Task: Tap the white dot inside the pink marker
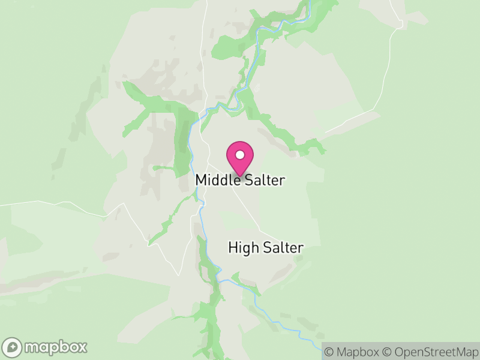(240, 155)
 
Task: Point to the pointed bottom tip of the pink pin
(240, 176)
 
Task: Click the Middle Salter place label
(239, 180)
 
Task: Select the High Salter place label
(266, 247)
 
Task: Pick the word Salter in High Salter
(282, 247)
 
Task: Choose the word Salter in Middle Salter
(263, 180)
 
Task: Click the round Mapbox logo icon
(13, 347)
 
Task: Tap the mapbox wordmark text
(55, 347)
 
